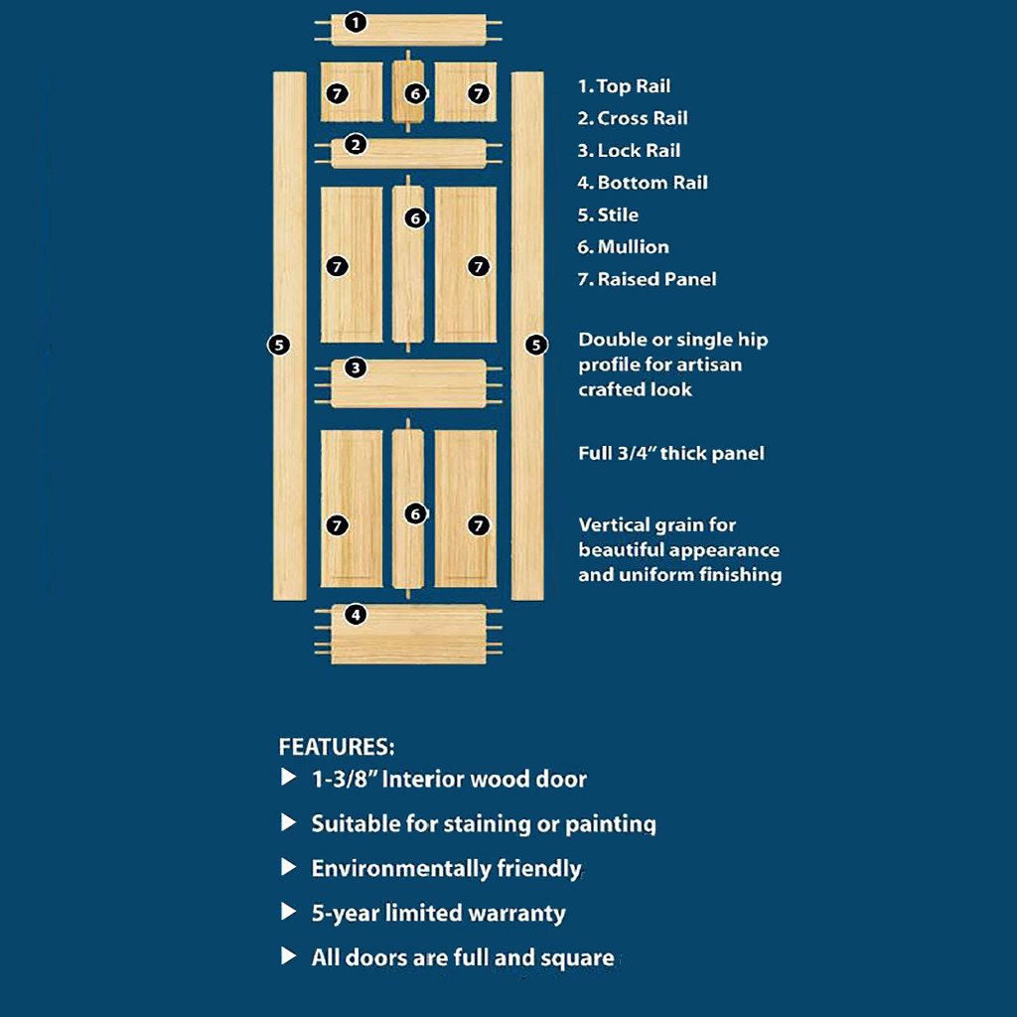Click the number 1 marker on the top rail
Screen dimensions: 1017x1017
pos(357,22)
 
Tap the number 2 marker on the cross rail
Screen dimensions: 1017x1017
pos(357,145)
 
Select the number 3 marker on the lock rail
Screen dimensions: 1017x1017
pos(357,368)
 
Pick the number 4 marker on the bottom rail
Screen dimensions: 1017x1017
pos(357,615)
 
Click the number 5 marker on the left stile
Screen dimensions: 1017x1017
pos(279,345)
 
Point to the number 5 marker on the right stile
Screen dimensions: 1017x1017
pos(536,345)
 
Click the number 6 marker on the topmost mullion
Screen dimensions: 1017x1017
pos(415,93)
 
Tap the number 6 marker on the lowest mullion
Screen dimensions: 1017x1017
pos(415,513)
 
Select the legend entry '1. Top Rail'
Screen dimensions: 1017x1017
pos(624,86)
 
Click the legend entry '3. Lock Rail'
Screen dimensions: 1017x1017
pos(629,151)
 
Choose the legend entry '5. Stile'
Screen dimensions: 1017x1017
pos(608,216)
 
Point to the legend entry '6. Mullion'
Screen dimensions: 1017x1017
pos(623,247)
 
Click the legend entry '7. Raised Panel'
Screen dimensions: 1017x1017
pos(647,280)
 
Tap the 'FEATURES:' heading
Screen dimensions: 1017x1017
pos(337,747)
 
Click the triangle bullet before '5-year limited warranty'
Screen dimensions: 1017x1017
pos(289,912)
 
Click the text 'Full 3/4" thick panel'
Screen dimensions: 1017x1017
pos(671,454)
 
